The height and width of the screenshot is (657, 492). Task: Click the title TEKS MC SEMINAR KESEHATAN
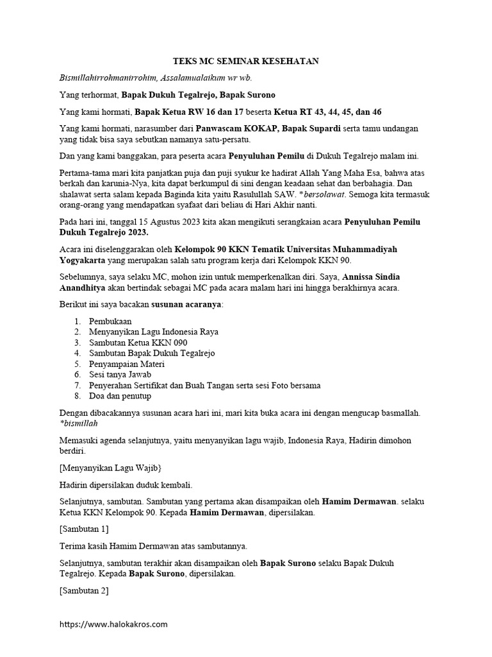coord(246,62)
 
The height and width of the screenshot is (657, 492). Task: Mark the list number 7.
coord(76,385)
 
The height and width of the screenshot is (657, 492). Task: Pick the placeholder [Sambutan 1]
coord(83,529)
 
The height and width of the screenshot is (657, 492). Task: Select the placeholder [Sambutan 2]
coord(83,590)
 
